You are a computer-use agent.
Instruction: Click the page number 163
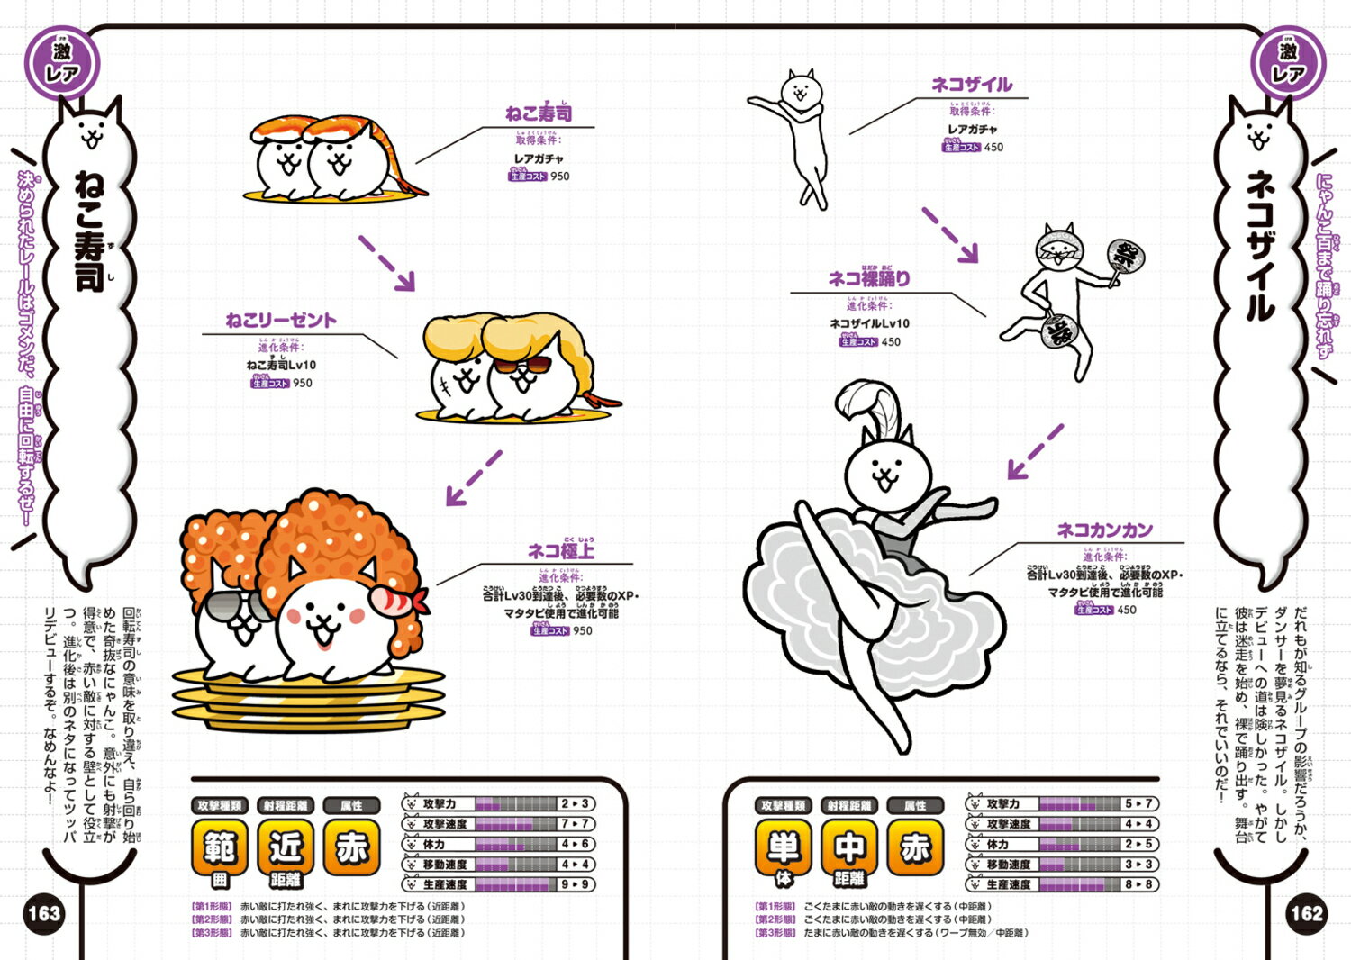(x=43, y=914)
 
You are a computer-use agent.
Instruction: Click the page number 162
(x=1306, y=914)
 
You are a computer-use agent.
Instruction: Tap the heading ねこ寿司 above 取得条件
(x=539, y=113)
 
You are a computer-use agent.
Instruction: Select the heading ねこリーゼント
(x=281, y=320)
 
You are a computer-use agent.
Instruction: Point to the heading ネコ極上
(x=560, y=550)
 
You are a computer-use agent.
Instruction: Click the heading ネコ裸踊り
(x=869, y=279)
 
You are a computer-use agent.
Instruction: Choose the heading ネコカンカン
(x=1104, y=530)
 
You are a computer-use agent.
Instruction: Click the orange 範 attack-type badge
(x=220, y=847)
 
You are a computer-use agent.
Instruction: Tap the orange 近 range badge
(x=286, y=847)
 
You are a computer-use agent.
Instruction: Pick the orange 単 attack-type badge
(x=783, y=847)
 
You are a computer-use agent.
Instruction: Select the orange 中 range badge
(x=848, y=847)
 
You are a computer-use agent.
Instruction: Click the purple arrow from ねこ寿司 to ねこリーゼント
(x=387, y=263)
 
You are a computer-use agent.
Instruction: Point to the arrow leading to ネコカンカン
(x=1035, y=452)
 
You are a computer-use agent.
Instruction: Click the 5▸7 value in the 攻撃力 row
(x=1138, y=803)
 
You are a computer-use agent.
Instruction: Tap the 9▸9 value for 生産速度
(x=575, y=884)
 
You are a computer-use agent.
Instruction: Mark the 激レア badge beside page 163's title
(x=61, y=62)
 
